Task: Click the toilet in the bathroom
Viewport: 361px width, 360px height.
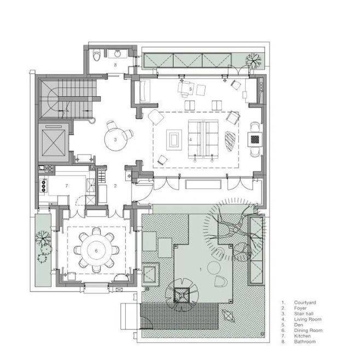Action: (x=96, y=55)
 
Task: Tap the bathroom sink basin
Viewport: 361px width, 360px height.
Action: (x=118, y=54)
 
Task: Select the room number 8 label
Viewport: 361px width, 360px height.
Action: (x=115, y=65)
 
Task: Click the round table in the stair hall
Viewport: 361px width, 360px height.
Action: (x=115, y=140)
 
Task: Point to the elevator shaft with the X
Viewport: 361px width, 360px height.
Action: (x=54, y=143)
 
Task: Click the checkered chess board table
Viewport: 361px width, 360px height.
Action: (x=255, y=139)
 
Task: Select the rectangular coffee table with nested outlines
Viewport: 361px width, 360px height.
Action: (x=174, y=140)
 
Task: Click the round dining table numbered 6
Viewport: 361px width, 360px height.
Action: (x=96, y=251)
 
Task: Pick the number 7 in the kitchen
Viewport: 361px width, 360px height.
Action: (x=67, y=185)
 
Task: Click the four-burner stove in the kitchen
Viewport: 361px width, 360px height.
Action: (x=43, y=185)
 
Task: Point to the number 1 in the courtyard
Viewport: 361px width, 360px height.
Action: (x=201, y=269)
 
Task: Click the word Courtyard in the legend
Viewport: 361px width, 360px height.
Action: (x=305, y=303)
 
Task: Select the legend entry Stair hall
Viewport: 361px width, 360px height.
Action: (x=304, y=313)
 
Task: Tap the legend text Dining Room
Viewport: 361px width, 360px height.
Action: (x=308, y=330)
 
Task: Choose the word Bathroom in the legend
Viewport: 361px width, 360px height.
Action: (x=305, y=341)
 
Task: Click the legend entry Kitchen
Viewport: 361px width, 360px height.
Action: (x=302, y=336)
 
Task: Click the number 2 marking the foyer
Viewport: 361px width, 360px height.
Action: (x=115, y=185)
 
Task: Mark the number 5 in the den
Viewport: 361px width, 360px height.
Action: (x=190, y=89)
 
